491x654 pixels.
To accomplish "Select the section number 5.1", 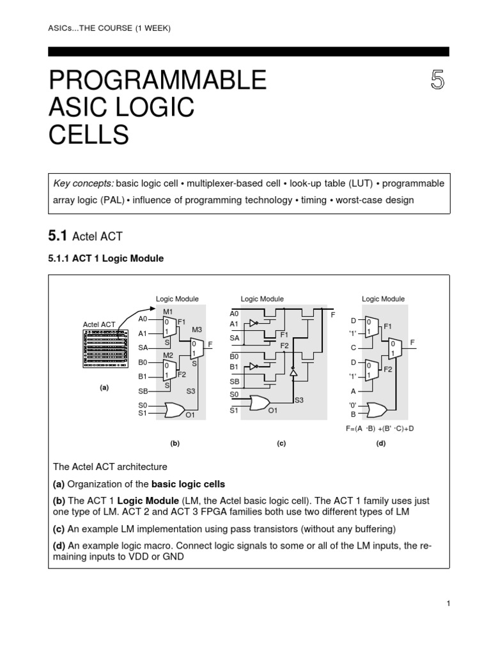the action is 58,236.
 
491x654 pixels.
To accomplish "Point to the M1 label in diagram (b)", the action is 168,310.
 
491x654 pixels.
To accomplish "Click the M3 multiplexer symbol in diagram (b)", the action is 196,348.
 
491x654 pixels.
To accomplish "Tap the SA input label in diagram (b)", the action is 143,347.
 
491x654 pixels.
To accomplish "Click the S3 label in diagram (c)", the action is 299,400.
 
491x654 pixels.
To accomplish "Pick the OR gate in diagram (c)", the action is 259,403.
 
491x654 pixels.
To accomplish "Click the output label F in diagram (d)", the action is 412,343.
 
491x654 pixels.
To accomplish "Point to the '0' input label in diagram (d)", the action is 352,405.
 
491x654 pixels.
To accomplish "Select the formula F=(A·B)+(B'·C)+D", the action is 380,428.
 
